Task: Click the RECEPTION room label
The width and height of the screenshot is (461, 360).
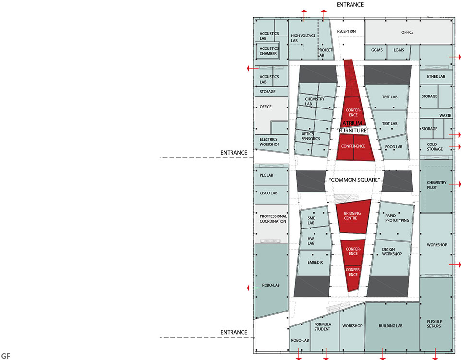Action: click(x=346, y=31)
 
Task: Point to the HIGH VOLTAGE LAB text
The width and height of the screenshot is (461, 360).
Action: click(x=303, y=38)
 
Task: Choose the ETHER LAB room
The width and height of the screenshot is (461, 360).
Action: click(x=436, y=77)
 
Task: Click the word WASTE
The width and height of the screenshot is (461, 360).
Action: click(x=445, y=116)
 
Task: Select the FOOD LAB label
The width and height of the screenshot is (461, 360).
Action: click(x=394, y=147)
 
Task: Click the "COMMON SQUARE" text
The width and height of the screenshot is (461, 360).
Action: click(x=354, y=180)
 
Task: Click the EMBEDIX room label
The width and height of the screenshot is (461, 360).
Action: click(x=315, y=262)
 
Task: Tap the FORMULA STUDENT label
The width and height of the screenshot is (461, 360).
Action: click(x=323, y=327)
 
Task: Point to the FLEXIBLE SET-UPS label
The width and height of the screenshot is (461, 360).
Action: click(x=435, y=324)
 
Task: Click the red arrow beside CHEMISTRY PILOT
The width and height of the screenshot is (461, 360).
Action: click(x=455, y=184)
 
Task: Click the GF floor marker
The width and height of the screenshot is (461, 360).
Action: click(x=6, y=356)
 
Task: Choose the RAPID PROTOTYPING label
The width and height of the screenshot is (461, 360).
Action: click(x=397, y=218)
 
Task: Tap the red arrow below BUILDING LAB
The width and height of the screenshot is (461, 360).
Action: click(x=383, y=354)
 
